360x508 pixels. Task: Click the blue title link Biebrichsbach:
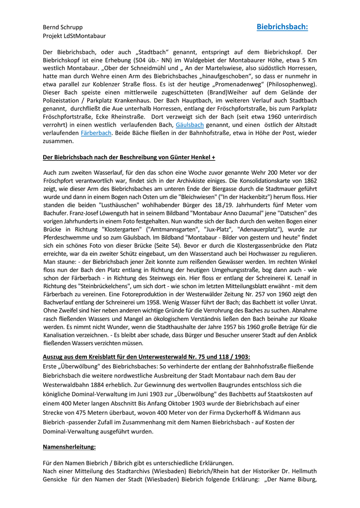click(x=282, y=27)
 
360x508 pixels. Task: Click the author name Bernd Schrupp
click(x=63, y=27)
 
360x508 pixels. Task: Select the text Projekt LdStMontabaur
click(x=74, y=36)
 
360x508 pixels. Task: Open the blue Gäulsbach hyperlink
click(x=190, y=125)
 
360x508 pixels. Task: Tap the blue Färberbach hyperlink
click(x=96, y=133)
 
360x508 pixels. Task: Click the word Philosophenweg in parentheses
click(x=294, y=84)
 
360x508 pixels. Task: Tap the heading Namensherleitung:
click(x=69, y=447)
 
